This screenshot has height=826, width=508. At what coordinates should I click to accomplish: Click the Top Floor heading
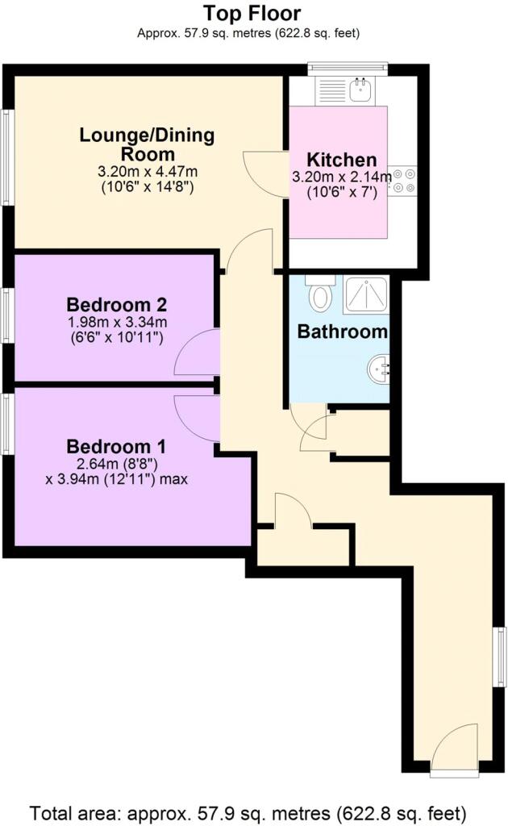(252, 13)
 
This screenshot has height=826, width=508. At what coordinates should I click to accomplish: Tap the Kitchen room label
(342, 159)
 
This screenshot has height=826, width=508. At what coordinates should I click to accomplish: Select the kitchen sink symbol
(362, 90)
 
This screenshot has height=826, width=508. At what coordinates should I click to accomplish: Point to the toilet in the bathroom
(320, 294)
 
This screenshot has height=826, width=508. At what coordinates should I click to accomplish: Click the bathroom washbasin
(379, 369)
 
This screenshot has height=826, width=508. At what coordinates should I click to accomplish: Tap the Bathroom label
(343, 332)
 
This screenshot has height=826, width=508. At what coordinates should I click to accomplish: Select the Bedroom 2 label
(117, 304)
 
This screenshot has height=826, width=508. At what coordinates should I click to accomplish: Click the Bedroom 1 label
(116, 447)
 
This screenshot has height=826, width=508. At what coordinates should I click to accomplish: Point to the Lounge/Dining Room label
(147, 144)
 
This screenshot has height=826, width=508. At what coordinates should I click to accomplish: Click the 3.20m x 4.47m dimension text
(148, 171)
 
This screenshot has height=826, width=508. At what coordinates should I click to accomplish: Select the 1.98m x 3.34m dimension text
(116, 321)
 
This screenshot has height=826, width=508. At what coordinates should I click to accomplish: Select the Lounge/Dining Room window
(6, 157)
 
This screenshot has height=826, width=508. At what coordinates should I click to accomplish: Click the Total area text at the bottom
(248, 813)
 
